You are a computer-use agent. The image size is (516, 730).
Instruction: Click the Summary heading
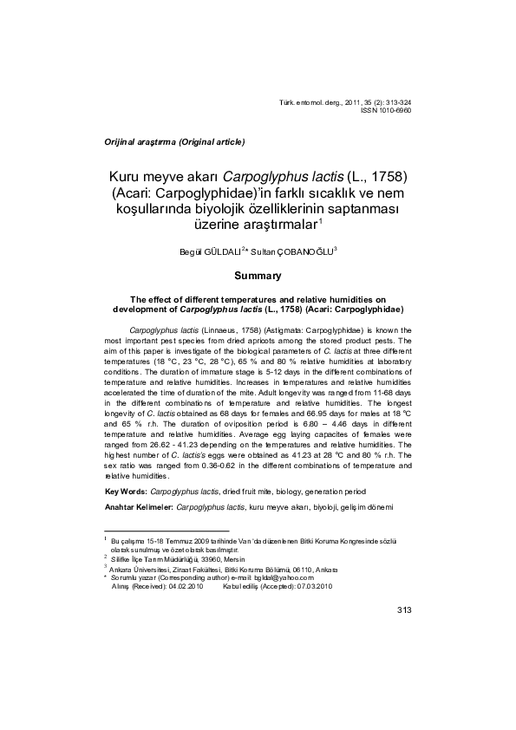pyautogui.click(x=258, y=276)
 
